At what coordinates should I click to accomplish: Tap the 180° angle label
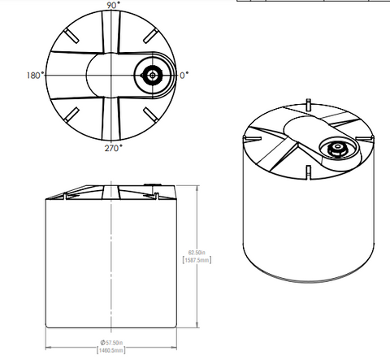coord(33,75)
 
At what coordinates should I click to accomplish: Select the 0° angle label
coord(184,75)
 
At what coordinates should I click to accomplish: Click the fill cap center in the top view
coord(151,75)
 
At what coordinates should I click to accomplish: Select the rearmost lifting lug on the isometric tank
coord(308,104)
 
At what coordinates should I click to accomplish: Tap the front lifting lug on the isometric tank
coord(308,171)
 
